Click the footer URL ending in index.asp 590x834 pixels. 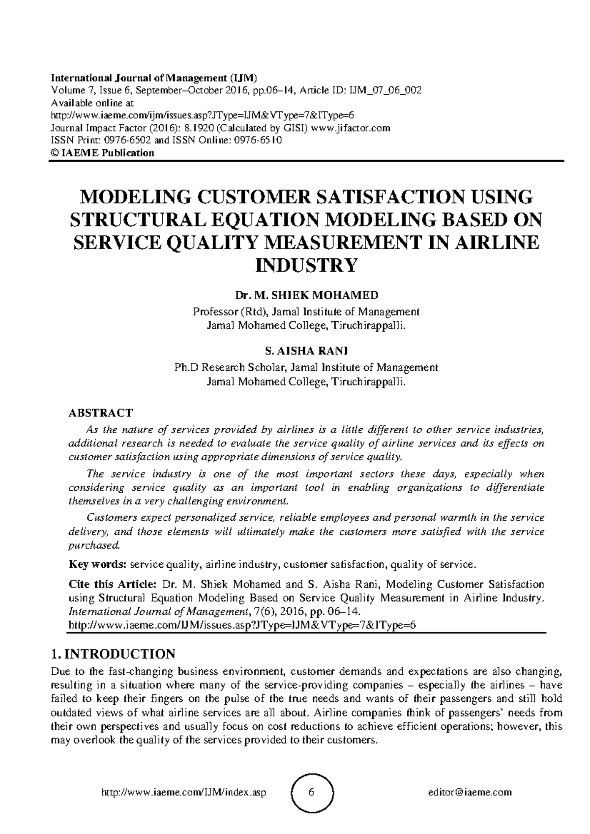pos(183,792)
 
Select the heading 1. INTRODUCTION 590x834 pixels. pos(113,654)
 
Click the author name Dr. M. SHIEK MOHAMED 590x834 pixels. pos(307,295)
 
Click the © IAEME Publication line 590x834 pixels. pos(103,153)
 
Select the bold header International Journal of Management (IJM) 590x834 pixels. pos(154,78)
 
